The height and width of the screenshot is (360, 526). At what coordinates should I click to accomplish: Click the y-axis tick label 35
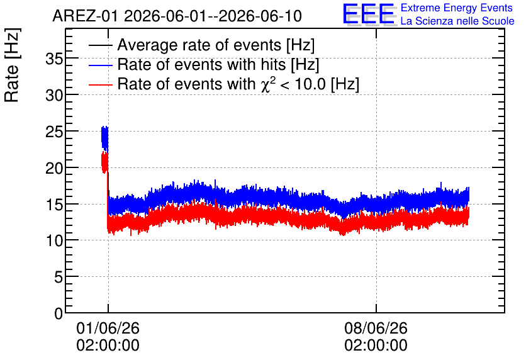click(54, 59)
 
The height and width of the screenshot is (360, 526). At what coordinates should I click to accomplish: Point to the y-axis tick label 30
click(54, 96)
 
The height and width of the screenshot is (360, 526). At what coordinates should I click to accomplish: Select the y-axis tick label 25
click(54, 132)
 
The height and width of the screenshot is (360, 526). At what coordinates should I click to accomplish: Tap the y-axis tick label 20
click(54, 169)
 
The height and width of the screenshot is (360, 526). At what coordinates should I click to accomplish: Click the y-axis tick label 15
click(54, 205)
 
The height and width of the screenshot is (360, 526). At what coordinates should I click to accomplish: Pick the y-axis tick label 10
click(54, 241)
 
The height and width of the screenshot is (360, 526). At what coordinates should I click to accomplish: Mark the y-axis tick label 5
click(59, 278)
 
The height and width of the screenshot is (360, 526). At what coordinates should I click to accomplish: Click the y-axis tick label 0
click(59, 313)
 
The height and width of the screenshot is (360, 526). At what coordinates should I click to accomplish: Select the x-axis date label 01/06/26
click(108, 328)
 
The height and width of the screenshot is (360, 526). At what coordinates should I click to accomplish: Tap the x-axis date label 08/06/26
click(376, 328)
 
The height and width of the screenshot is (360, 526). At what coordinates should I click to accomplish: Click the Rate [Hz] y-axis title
click(12, 65)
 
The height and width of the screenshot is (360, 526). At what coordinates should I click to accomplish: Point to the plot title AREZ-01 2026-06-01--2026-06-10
click(177, 16)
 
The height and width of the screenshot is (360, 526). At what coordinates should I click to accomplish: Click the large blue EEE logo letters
click(369, 14)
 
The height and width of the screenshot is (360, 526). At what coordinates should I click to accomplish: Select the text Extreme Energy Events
click(457, 8)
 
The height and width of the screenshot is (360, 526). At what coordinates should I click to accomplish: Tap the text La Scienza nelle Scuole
click(457, 21)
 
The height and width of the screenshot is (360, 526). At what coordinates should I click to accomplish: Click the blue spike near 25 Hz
click(105, 138)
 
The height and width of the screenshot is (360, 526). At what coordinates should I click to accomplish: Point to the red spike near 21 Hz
click(104, 162)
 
